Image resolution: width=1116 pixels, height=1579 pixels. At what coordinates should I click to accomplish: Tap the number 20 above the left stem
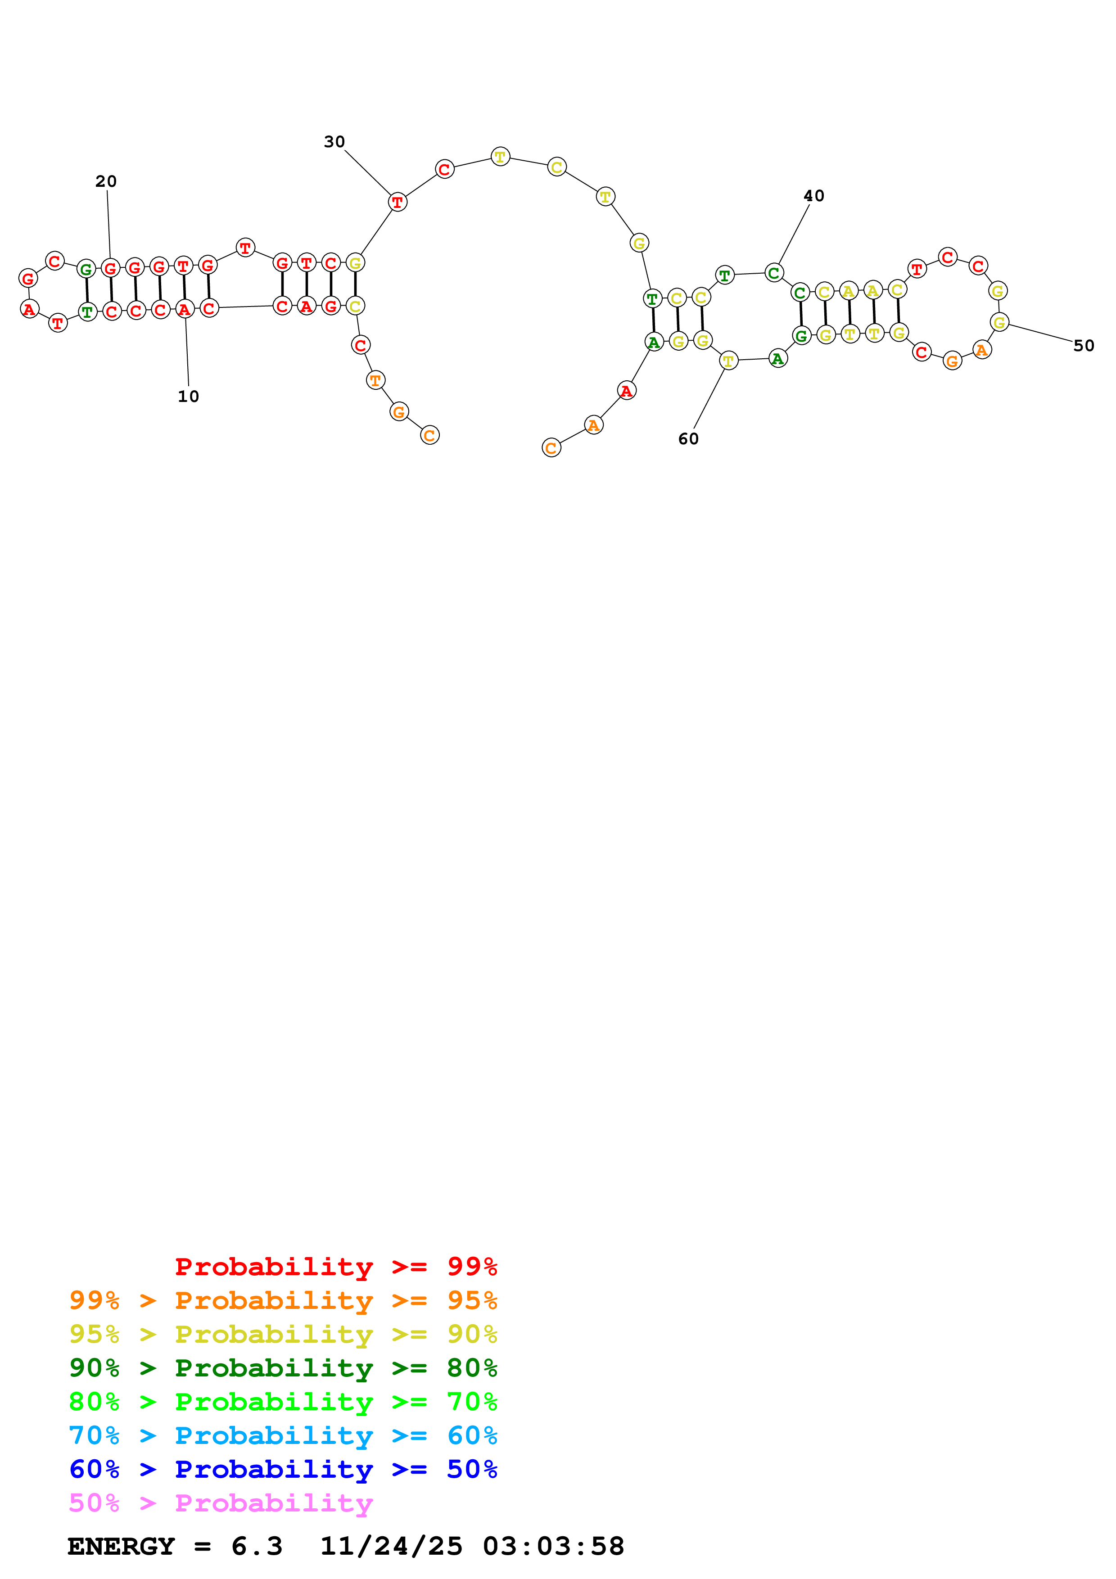106,181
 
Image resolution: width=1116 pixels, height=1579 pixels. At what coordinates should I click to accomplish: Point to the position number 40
813,196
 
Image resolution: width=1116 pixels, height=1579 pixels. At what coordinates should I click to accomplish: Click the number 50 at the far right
1083,346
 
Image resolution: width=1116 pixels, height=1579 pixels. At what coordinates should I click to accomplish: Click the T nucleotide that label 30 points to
398,202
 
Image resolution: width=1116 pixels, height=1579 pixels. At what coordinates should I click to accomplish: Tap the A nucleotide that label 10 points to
184,310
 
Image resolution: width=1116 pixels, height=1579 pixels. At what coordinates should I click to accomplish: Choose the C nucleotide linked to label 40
773,273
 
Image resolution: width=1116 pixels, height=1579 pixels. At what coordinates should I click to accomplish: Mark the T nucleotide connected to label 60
728,361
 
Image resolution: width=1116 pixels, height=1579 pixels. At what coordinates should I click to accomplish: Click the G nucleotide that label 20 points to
110,268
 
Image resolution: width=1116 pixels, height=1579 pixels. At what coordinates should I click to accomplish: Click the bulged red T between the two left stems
245,248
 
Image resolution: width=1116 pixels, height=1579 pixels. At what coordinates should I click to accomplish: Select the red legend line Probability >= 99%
336,1266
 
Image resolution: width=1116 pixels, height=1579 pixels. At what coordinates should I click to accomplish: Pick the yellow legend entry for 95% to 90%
283,1334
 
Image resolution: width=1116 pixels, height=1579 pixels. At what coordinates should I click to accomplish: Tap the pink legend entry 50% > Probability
221,1502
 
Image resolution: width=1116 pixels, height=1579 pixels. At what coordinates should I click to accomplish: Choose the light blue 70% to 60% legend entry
283,1435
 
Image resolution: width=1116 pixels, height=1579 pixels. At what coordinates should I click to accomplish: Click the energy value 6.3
257,1546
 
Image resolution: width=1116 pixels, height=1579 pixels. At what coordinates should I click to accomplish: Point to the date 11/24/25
391,1546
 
